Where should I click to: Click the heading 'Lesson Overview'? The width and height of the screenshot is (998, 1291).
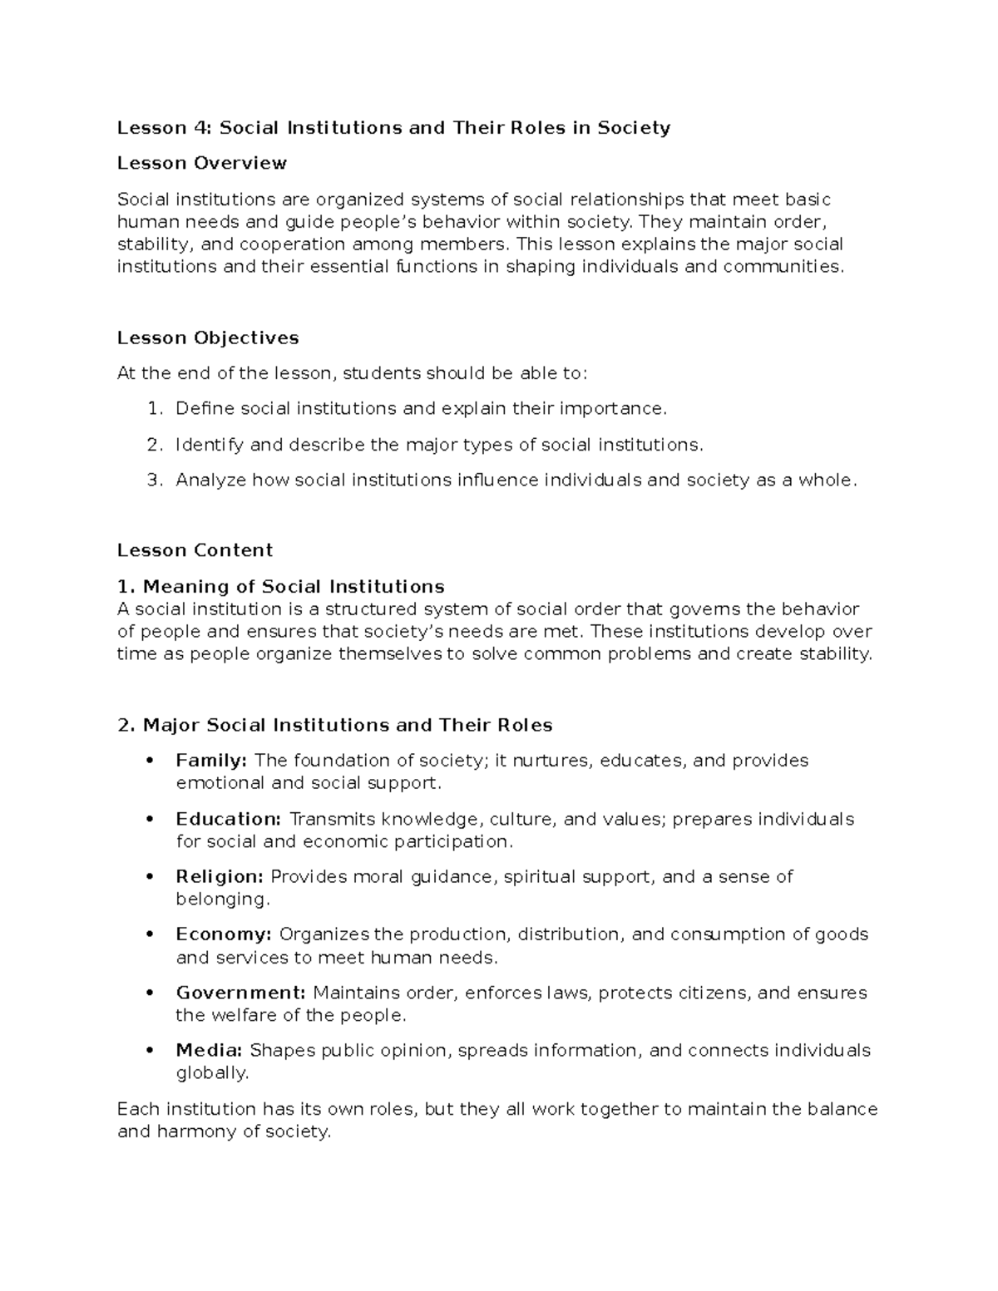tap(201, 163)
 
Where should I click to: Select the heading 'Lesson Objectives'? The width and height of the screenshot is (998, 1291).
tap(208, 338)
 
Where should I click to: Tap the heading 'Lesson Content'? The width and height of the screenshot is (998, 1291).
tap(195, 550)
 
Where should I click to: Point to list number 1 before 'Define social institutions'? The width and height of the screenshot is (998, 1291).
tap(152, 408)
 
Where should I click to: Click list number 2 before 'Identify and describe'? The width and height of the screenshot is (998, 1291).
tap(152, 445)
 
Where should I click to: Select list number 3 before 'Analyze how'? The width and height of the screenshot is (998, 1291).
tap(152, 480)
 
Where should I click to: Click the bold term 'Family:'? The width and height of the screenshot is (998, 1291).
tap(211, 760)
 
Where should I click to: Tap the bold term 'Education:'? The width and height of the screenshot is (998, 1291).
tap(228, 819)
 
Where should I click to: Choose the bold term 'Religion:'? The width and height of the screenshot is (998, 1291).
tap(220, 876)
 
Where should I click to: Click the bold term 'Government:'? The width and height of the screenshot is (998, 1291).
tap(241, 993)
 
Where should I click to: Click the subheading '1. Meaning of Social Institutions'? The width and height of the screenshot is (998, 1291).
tap(281, 587)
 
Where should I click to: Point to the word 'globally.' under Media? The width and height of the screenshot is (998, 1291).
tap(212, 1073)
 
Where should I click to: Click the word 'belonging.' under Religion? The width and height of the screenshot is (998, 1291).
tap(223, 899)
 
